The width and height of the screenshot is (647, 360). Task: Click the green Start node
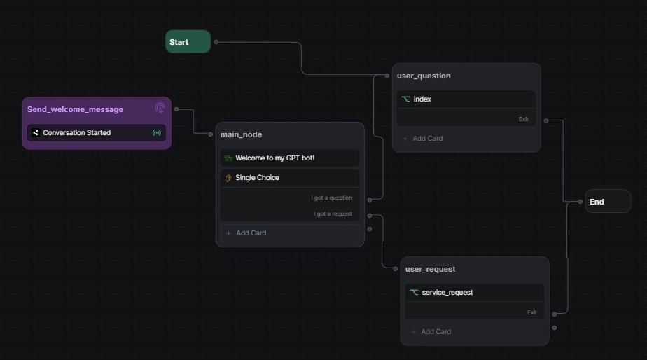(x=188, y=42)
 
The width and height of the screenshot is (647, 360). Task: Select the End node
(x=607, y=202)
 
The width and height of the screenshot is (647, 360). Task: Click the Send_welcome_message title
(x=75, y=109)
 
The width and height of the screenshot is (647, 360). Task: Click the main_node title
(x=241, y=134)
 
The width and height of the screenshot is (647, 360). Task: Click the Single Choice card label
(x=257, y=178)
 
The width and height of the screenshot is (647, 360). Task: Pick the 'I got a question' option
(x=332, y=198)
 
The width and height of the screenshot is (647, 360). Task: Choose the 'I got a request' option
(x=333, y=214)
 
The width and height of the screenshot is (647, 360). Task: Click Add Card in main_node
(x=251, y=233)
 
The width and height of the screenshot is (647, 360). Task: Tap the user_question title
(x=424, y=76)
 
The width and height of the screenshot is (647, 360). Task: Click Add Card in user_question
(x=427, y=139)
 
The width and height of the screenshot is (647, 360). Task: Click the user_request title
(x=430, y=269)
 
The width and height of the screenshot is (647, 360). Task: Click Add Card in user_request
(x=436, y=332)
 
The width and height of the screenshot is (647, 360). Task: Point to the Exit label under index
(x=524, y=119)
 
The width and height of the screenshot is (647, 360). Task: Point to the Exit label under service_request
(x=532, y=312)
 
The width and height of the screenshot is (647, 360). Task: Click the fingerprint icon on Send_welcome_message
(x=160, y=109)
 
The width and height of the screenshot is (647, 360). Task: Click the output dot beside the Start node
(x=216, y=42)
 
